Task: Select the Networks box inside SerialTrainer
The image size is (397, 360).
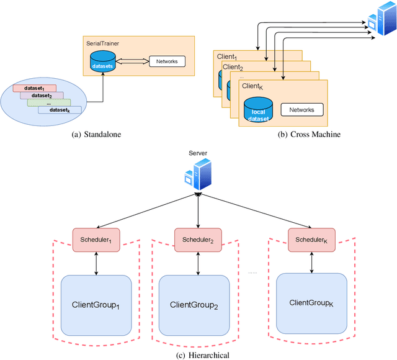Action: click(166, 61)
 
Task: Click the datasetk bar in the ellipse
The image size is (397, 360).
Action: click(60, 110)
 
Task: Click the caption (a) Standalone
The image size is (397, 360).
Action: click(97, 132)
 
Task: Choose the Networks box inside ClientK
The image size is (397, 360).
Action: click(301, 110)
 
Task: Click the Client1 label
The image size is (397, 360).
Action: click(228, 56)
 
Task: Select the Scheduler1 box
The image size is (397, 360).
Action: click(96, 238)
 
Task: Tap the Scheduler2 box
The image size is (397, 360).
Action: click(197, 238)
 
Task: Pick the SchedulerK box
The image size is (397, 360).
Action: click(311, 238)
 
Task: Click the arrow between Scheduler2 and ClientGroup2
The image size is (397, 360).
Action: click(198, 262)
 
